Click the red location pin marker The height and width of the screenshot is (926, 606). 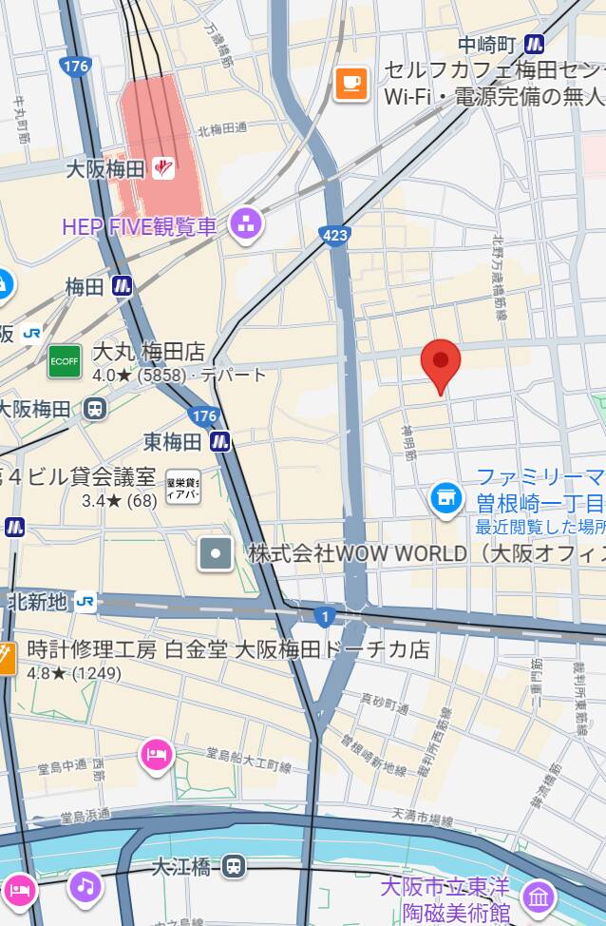pyautogui.click(x=441, y=362)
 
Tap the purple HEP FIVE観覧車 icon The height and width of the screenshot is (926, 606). pyautogui.click(x=247, y=225)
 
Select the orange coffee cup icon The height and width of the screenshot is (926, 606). pyautogui.click(x=351, y=84)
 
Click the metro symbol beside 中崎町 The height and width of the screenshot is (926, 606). pyautogui.click(x=535, y=45)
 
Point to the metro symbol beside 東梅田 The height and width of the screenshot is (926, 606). pyautogui.click(x=220, y=441)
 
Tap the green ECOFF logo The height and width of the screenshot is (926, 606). pyautogui.click(x=66, y=361)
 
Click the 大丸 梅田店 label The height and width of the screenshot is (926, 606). pyautogui.click(x=148, y=353)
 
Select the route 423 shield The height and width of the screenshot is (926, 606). pyautogui.click(x=335, y=235)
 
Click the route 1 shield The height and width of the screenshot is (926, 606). pyautogui.click(x=325, y=618)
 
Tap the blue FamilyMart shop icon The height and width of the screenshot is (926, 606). pyautogui.click(x=445, y=497)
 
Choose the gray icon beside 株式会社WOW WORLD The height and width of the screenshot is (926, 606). pyautogui.click(x=216, y=553)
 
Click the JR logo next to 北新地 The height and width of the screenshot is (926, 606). pyautogui.click(x=85, y=602)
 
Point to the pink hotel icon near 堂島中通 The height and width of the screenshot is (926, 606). pyautogui.click(x=156, y=756)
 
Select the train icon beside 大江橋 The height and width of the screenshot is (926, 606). pyautogui.click(x=234, y=866)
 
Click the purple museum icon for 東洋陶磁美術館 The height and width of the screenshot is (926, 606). pyautogui.click(x=539, y=897)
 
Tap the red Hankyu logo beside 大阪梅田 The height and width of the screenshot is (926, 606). pyautogui.click(x=164, y=169)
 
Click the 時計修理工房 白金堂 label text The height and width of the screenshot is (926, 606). pyautogui.click(x=228, y=650)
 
